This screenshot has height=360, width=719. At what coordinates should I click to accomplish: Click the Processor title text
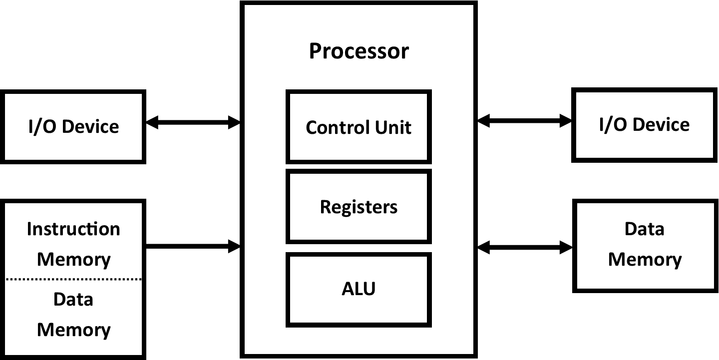tap(359, 51)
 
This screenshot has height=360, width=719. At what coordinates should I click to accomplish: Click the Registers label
tap(359, 207)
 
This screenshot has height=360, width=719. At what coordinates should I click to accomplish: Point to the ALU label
tap(359, 289)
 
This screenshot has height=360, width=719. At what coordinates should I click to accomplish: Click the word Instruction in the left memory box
tap(73, 229)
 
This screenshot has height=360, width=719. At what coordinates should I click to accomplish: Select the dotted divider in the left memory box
tap(73, 279)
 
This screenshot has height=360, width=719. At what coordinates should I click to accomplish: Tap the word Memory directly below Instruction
tap(73, 260)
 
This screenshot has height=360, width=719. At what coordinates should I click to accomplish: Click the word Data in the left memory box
tap(73, 300)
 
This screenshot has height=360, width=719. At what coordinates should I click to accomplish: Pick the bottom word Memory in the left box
tap(73, 330)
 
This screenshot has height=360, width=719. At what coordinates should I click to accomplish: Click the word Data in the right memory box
tap(644, 229)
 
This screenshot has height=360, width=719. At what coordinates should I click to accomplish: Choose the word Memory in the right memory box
tap(645, 260)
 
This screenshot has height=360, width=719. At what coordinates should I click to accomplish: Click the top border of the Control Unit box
tap(359, 91)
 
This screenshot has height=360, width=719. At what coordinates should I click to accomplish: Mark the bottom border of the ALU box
tap(359, 325)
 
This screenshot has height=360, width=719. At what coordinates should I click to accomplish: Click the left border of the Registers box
tap(288, 207)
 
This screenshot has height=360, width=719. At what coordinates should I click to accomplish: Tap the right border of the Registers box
tap(429, 207)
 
